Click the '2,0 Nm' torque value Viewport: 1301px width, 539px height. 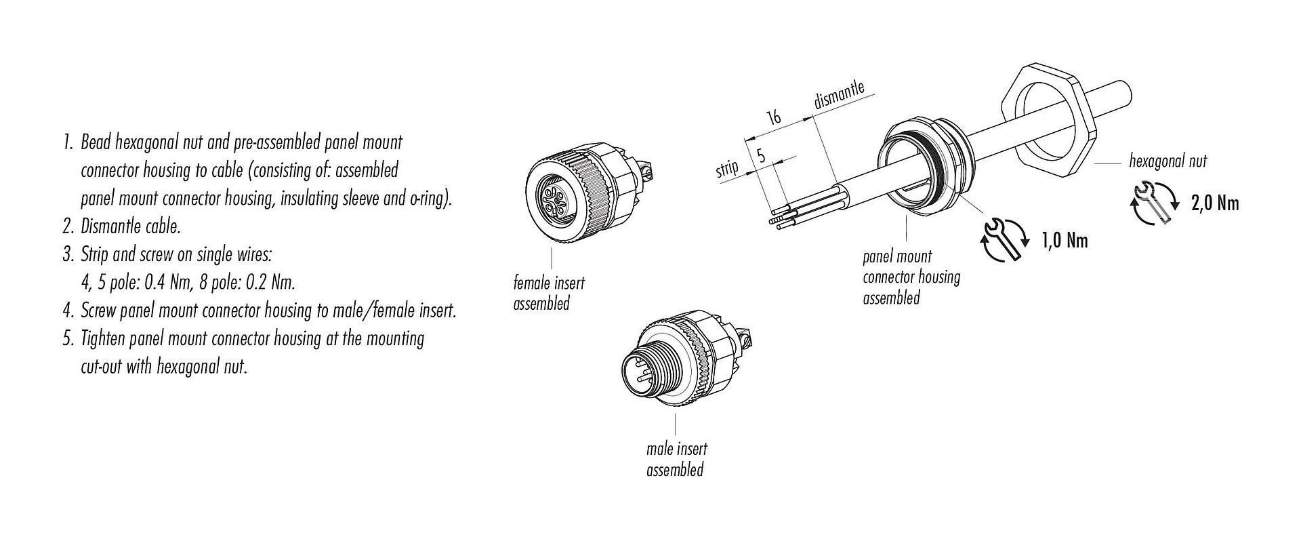(x=1214, y=203)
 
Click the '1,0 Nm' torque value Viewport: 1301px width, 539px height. (x=1064, y=240)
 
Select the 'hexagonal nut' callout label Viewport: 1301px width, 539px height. (x=1168, y=161)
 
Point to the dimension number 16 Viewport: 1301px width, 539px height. (x=773, y=117)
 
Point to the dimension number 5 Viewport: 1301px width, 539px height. (x=760, y=156)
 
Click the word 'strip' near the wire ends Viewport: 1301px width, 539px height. (x=727, y=169)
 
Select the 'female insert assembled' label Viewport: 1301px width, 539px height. (x=549, y=293)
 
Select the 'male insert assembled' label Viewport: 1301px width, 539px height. (x=676, y=459)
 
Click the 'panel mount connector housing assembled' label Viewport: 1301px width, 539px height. (x=911, y=277)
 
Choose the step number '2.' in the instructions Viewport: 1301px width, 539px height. (x=68, y=226)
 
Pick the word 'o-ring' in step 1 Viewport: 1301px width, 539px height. (x=425, y=198)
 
